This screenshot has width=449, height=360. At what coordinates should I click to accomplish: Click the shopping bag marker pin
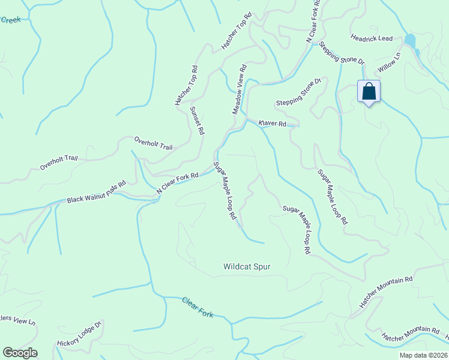369,92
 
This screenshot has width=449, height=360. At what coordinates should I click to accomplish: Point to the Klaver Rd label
272,124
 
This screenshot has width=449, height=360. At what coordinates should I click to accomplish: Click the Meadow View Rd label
240,89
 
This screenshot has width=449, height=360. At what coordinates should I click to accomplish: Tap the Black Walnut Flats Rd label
96,191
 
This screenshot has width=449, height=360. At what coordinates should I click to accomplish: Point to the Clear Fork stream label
197,306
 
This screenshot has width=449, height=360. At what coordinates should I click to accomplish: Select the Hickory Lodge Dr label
80,335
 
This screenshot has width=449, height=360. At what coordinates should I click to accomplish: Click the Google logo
20,353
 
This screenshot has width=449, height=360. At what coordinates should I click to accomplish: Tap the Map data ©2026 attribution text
423,355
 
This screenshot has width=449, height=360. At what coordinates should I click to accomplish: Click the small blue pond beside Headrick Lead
410,41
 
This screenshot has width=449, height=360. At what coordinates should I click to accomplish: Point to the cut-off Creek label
10,20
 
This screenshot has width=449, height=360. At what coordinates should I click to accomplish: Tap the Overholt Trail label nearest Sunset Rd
153,142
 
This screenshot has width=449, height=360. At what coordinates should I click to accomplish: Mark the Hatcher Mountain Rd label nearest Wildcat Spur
386,292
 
